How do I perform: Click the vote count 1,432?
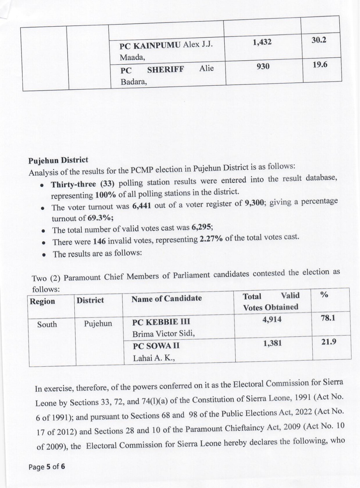262,42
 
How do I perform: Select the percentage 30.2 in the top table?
319,40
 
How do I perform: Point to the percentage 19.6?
320,65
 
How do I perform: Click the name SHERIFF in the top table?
165,70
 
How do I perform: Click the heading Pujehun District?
58,160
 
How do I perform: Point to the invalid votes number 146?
99,241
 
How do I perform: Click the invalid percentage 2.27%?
211,239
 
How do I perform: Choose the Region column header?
42,302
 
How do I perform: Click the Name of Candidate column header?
167,299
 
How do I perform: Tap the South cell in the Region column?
47,325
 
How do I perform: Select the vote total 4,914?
272,320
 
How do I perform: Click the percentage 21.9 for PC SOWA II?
329,342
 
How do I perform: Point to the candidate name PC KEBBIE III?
161,322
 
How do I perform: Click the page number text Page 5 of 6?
47,467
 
